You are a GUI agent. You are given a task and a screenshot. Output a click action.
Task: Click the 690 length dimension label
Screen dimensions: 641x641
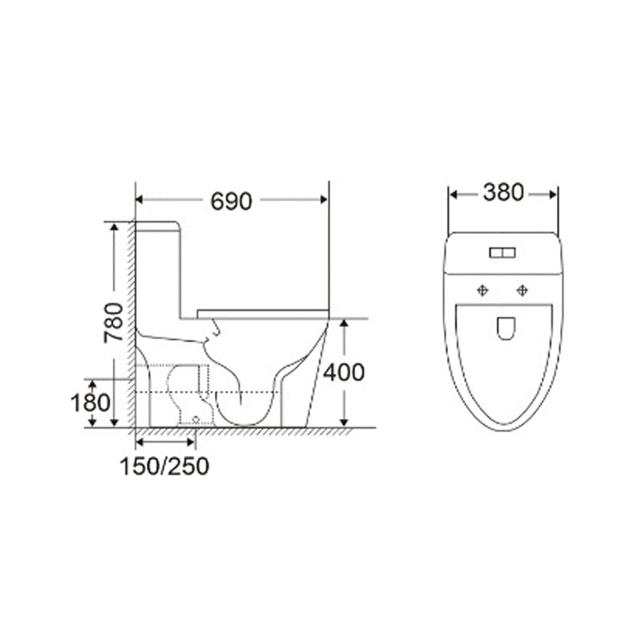point(231,201)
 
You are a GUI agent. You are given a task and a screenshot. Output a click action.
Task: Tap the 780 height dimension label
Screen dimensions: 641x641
point(113,323)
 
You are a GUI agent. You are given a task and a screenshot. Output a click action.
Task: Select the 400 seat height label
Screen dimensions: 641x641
point(344,373)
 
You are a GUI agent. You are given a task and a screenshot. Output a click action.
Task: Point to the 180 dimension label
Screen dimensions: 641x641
point(91,403)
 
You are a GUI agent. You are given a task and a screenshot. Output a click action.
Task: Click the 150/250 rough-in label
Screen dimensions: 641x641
point(164,466)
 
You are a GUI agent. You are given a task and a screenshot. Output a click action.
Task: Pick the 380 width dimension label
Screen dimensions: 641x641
point(503,192)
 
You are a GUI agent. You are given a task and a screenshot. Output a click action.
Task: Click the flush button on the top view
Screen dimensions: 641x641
point(502,253)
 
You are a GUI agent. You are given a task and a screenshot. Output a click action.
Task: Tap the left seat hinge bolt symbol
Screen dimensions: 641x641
point(483,291)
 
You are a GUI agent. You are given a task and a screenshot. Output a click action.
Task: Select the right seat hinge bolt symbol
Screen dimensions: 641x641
point(522,291)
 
